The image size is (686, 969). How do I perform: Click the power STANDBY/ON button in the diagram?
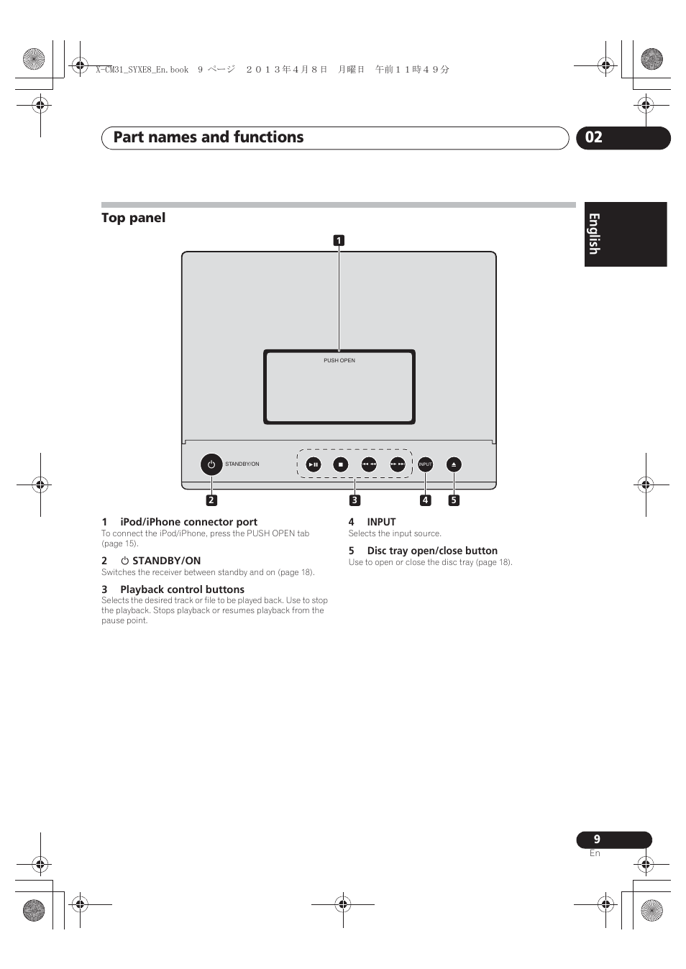click(211, 464)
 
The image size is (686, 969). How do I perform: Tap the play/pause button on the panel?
click(314, 464)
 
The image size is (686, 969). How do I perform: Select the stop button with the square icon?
click(341, 464)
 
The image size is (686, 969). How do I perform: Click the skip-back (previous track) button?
click(369, 464)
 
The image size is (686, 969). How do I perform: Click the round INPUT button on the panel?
click(426, 464)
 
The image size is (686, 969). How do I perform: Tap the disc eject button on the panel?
click(454, 464)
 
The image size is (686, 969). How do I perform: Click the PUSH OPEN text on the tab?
click(339, 360)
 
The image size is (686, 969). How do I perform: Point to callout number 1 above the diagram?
click(339, 241)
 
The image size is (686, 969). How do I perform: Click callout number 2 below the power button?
click(211, 500)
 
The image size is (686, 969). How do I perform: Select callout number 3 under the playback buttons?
click(355, 500)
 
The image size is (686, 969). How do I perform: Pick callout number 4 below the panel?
click(426, 500)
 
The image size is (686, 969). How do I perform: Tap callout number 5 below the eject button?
click(454, 500)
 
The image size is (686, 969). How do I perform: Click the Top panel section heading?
click(134, 218)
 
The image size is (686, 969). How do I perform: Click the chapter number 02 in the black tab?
click(594, 137)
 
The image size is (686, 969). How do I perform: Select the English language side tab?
click(594, 234)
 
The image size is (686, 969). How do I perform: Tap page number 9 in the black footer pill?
click(597, 839)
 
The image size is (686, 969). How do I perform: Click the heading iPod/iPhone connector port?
click(188, 522)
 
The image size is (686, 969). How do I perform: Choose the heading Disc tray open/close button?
click(432, 551)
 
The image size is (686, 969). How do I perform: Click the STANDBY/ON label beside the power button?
click(242, 464)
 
